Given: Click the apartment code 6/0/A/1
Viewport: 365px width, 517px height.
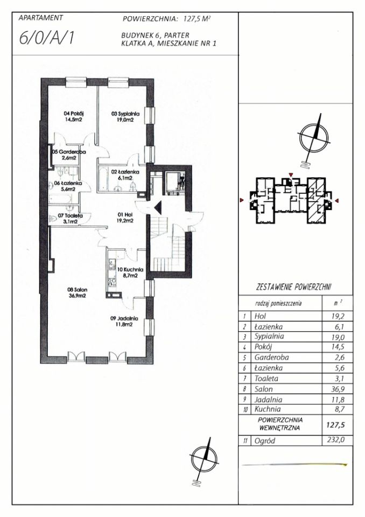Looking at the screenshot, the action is [x=46, y=37].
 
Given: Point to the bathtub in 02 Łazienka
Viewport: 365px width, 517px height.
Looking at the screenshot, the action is [x=102, y=179].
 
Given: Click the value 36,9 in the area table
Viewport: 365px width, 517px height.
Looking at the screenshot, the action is [x=338, y=389].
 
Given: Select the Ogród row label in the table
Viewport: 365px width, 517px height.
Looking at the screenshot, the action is [x=264, y=441].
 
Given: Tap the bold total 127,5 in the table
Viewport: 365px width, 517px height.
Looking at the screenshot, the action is [x=335, y=425].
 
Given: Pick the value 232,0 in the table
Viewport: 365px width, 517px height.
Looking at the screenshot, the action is [x=336, y=440].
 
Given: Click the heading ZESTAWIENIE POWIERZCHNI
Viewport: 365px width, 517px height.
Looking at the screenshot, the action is [x=294, y=287].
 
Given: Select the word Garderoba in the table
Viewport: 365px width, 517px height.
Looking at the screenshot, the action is [x=269, y=358].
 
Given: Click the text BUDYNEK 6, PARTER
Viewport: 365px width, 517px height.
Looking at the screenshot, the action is [x=155, y=35].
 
